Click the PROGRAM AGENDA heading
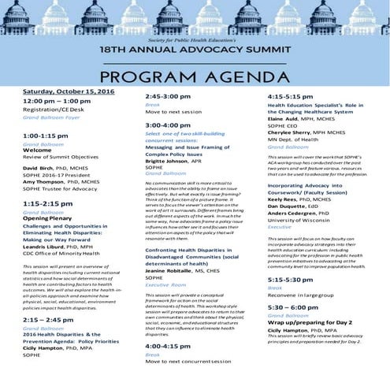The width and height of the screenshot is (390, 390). coord(195,76)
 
